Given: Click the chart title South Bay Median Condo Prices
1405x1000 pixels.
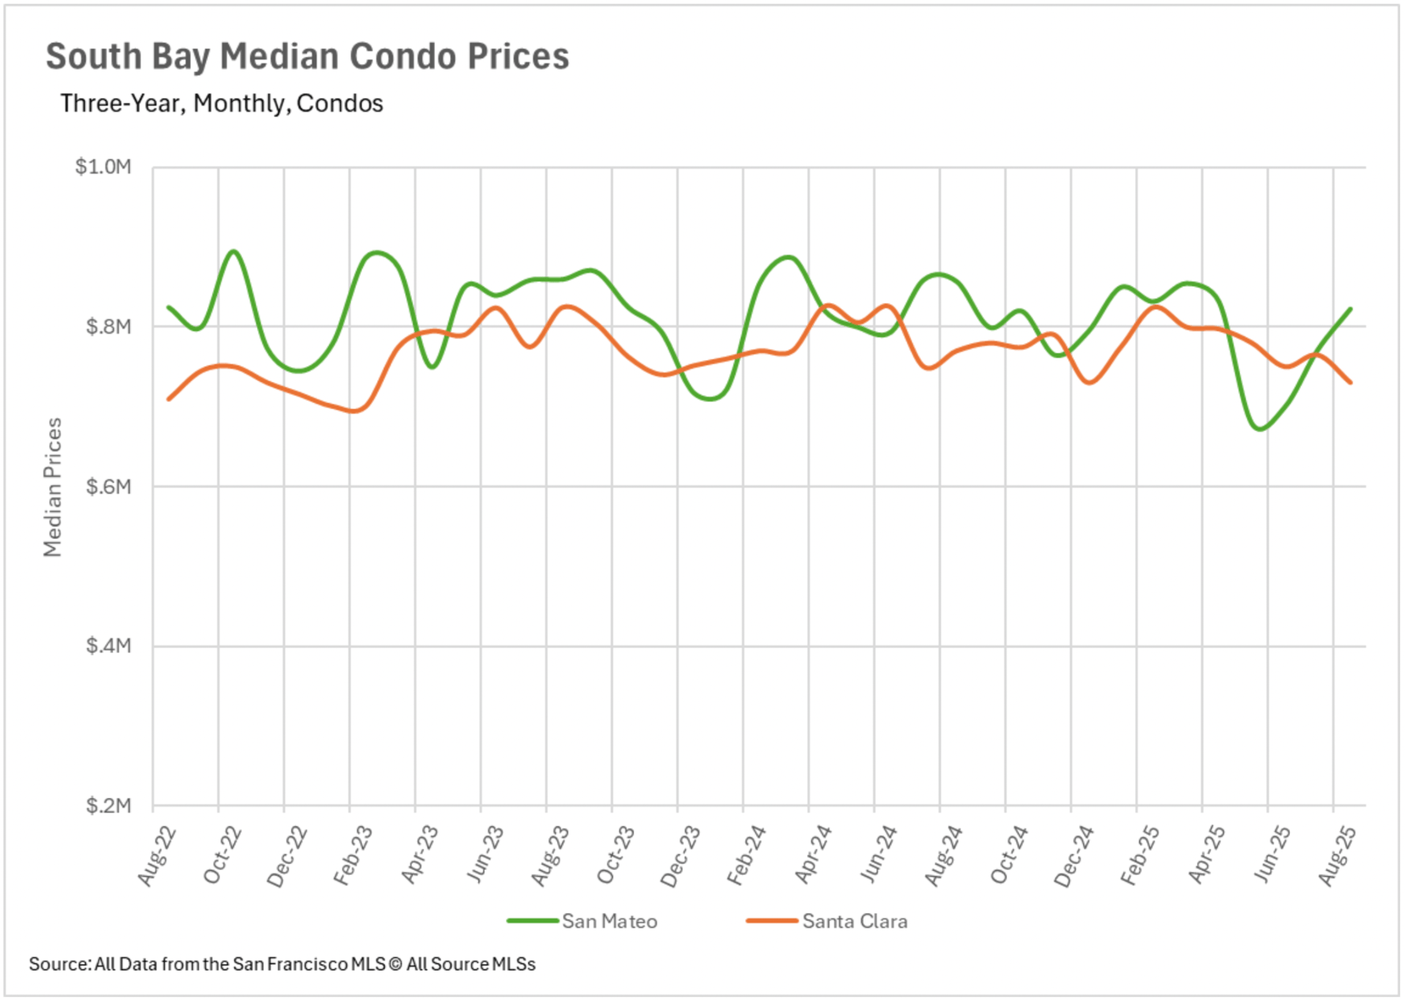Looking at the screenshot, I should click(307, 56).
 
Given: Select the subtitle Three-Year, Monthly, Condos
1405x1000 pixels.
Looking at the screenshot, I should click(222, 103).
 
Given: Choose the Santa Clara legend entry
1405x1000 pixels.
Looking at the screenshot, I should click(854, 921).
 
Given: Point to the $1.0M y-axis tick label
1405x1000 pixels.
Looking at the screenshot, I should click(103, 167).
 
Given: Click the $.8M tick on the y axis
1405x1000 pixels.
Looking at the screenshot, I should click(108, 326).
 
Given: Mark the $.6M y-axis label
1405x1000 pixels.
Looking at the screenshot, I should click(108, 486).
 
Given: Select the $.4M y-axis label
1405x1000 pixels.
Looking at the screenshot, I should click(108, 646).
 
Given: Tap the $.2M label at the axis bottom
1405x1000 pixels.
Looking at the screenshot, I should click(108, 805).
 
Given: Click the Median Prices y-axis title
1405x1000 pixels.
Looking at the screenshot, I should click(53, 487).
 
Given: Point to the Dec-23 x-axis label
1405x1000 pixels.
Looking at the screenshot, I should click(681, 856).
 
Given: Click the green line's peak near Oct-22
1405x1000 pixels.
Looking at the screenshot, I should click(233, 252).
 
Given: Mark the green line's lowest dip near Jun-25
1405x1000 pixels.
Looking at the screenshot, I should click(1260, 429).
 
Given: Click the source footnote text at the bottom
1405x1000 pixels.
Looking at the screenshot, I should click(282, 964).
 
